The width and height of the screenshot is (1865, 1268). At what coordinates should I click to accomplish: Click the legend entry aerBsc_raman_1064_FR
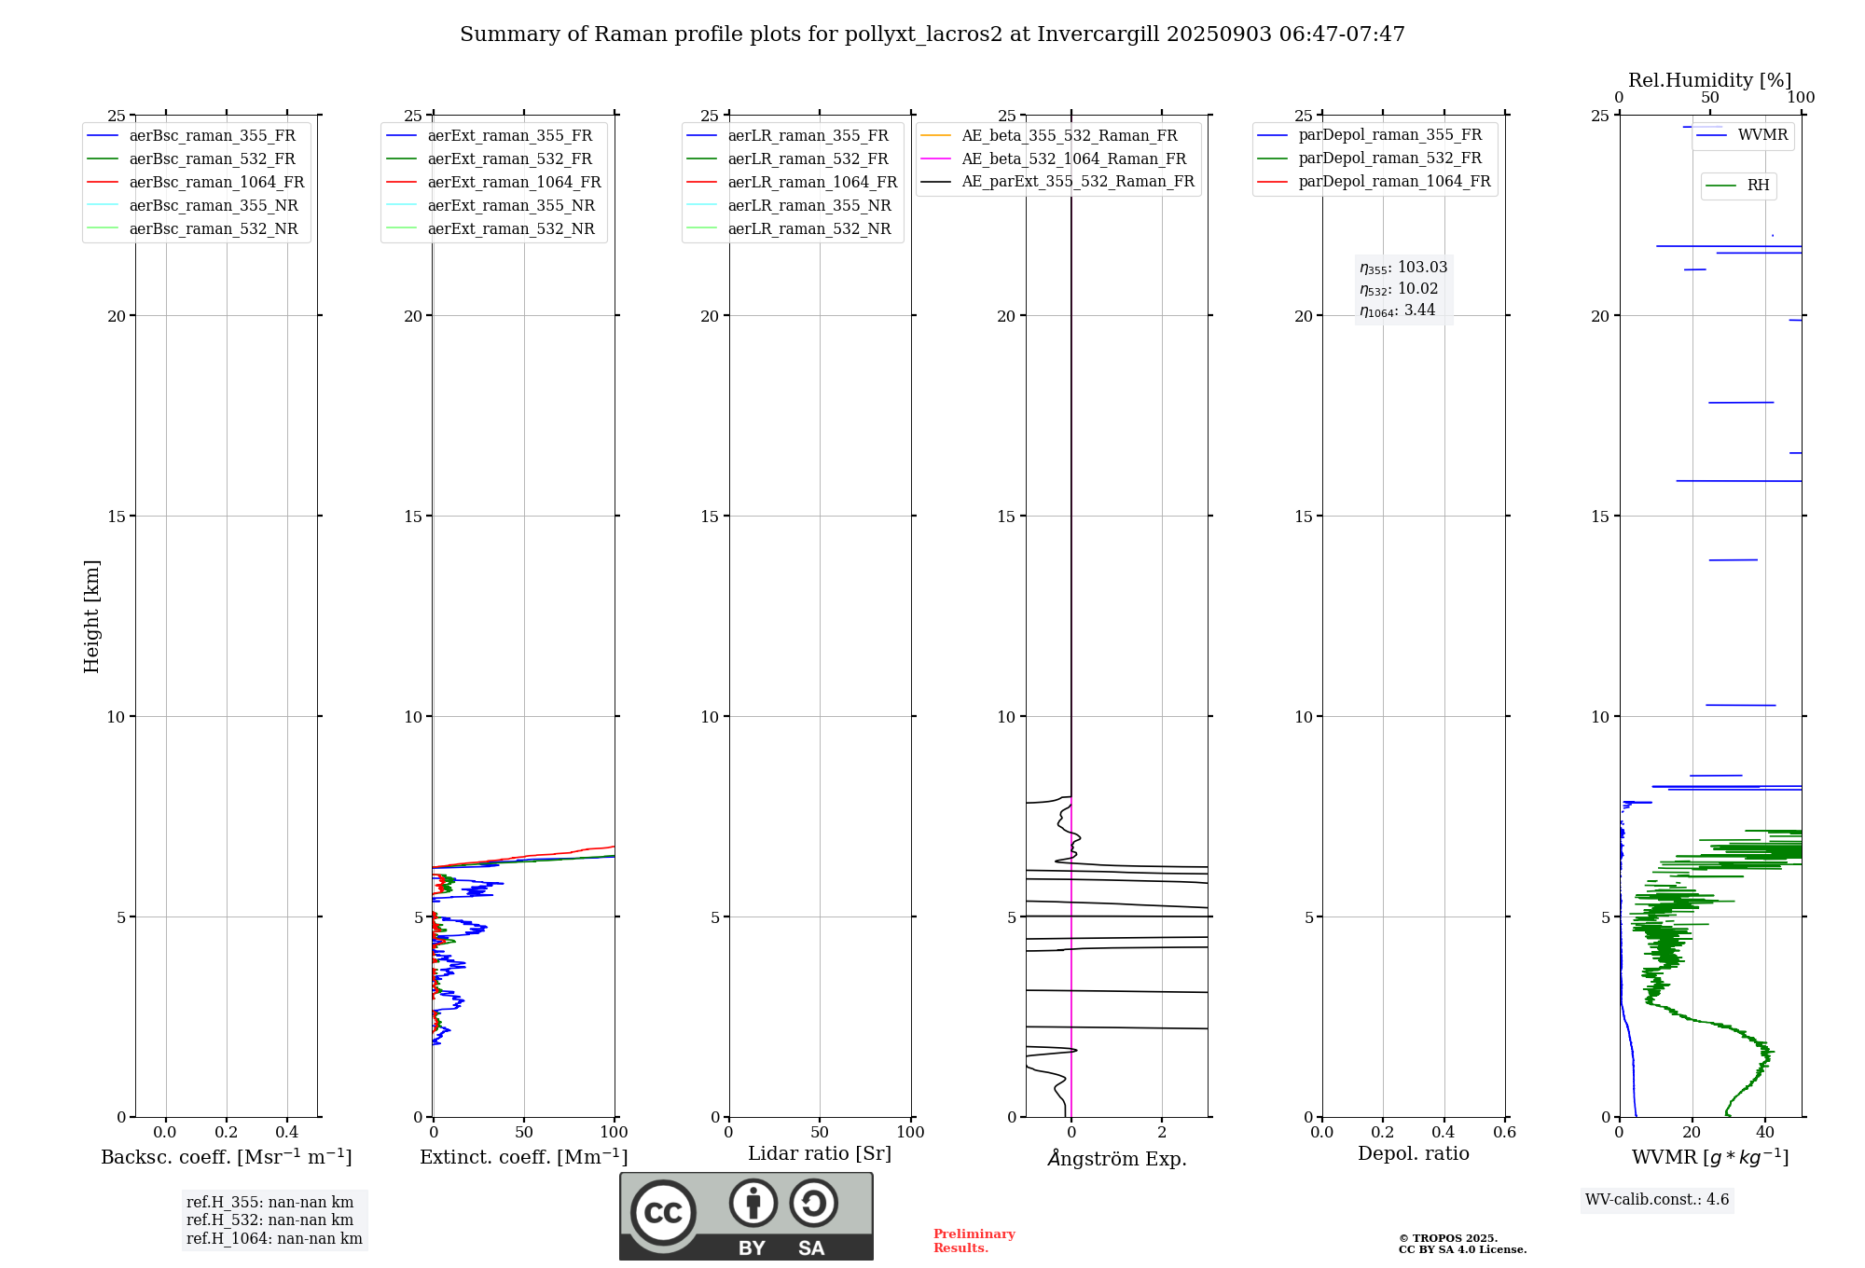coord(216,183)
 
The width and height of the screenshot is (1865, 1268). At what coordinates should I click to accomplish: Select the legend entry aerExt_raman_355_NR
coord(511,206)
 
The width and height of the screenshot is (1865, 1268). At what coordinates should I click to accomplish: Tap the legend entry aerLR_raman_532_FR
coord(808,159)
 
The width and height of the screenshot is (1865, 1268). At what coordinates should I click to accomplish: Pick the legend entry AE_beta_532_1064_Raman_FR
coord(1073,159)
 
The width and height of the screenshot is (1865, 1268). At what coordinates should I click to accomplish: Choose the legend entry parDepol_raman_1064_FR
coord(1394,182)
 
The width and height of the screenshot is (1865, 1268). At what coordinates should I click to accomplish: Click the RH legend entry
coord(1758,186)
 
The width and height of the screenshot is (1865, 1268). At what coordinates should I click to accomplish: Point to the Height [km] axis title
coord(91,616)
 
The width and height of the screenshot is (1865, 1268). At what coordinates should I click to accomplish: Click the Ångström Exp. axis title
coord(1117,1159)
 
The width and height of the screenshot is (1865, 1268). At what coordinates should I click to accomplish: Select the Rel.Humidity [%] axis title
coord(1709,80)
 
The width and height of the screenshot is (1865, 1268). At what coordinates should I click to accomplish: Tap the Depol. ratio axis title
coord(1413,1154)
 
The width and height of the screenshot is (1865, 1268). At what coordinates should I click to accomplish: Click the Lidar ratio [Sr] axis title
coord(820,1154)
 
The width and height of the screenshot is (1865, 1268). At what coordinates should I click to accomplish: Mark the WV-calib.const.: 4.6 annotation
coord(1657,1200)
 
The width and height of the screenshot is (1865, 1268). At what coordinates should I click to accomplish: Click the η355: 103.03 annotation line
coord(1403,268)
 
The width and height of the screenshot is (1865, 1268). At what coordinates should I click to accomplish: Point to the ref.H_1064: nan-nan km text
coord(274,1239)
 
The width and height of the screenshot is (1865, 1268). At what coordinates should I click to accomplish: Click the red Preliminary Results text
coord(974,1241)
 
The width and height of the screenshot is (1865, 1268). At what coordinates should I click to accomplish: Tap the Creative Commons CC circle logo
coord(663,1213)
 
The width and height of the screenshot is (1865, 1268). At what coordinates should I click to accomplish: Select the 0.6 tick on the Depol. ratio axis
coord(1504,1133)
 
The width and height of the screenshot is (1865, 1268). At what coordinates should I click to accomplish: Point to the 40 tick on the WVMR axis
coord(1765,1133)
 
